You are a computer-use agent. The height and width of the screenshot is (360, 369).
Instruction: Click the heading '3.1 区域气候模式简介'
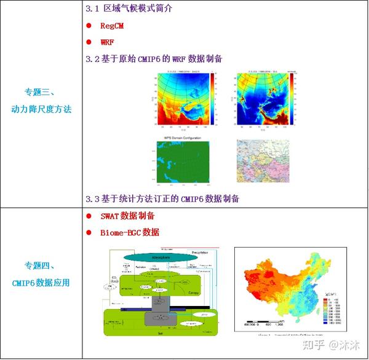point(129,9)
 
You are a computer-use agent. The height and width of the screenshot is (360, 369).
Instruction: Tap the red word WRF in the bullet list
point(108,42)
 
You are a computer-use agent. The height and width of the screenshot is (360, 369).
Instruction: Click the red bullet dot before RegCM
point(89,26)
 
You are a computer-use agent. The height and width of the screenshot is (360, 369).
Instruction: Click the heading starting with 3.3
point(162,198)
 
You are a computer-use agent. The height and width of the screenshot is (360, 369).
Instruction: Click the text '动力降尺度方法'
point(41,109)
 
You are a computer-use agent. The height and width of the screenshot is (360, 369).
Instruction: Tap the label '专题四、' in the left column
point(41,267)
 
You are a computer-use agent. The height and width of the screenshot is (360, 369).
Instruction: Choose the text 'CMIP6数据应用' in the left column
point(41,283)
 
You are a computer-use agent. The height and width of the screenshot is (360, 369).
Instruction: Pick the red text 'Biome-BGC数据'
point(130,232)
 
